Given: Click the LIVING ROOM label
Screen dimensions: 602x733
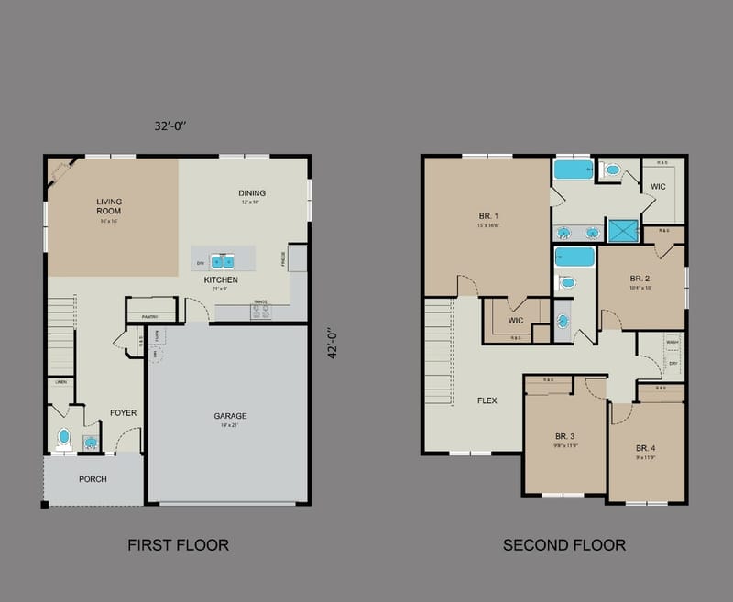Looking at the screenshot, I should (x=109, y=205).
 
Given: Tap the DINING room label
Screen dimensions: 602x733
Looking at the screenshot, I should (x=252, y=193).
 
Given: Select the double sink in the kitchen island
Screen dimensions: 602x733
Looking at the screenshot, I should (x=223, y=261).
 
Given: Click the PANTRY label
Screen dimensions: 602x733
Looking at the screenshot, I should (x=152, y=316).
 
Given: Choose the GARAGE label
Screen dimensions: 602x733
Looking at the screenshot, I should (x=230, y=416).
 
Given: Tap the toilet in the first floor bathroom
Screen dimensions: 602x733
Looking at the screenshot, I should (x=64, y=438).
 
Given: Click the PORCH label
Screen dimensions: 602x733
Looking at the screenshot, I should (x=93, y=479).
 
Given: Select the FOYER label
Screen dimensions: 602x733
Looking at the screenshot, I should (x=123, y=413).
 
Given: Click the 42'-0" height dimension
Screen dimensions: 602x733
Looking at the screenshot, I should (x=334, y=344).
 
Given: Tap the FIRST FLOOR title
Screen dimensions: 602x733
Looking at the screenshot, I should (x=178, y=545).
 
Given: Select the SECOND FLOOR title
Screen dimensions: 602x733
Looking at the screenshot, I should (x=563, y=545).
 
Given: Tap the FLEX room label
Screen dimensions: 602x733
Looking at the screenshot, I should (x=487, y=400).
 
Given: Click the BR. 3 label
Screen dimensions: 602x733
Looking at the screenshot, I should (x=564, y=435).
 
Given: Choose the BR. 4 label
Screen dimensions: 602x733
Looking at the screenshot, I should (x=647, y=448).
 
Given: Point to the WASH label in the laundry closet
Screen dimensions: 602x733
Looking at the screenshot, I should (x=673, y=342).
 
